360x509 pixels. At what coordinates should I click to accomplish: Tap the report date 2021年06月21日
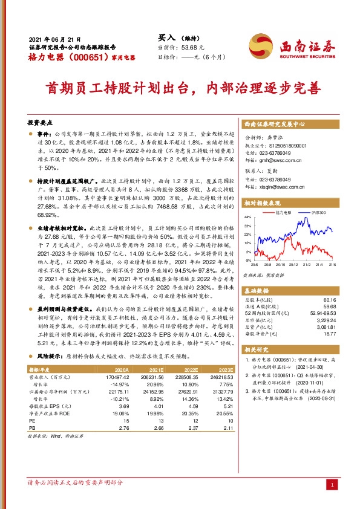pos(55,37)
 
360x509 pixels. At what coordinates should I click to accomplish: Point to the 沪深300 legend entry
pos(318,213)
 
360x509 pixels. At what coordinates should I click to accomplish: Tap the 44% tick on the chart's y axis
pos(247,216)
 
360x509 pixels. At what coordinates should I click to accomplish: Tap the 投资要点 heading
pos(41,123)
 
